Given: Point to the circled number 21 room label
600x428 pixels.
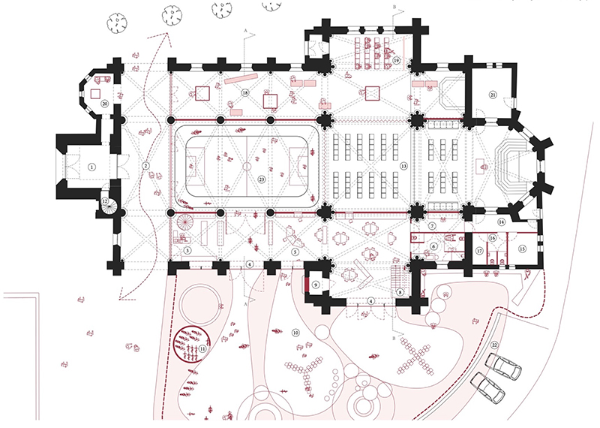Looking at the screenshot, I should click(493, 94).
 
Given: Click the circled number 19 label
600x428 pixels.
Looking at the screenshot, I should click(397, 59).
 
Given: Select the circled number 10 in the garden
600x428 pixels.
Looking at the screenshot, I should click(295, 332).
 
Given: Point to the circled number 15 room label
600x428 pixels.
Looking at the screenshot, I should click(522, 246).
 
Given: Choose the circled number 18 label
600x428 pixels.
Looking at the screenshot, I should click(245, 92).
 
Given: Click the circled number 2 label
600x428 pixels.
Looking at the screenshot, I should click(147, 165).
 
